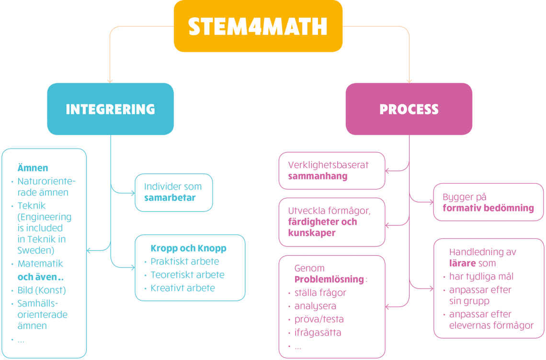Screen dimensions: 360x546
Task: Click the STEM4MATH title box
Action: [x=258, y=26]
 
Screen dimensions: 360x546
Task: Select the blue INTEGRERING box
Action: [x=110, y=109]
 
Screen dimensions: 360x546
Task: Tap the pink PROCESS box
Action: [x=409, y=109]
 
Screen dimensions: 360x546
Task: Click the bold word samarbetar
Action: [x=170, y=198]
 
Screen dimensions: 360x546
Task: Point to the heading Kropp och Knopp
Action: [x=188, y=248]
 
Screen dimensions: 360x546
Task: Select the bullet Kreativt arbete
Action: [x=182, y=288]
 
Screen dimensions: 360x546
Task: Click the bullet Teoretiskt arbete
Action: [x=187, y=275]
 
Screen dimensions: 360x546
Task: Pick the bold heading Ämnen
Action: [x=33, y=168]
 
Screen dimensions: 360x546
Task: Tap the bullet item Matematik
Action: [x=40, y=264]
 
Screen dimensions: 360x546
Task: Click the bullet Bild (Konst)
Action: [x=42, y=290]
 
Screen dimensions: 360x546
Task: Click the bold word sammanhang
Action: [x=318, y=176]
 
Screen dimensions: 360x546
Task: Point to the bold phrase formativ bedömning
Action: [x=488, y=208]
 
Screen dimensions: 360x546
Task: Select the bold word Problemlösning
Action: [x=330, y=280]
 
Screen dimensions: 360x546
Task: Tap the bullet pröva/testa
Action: [x=319, y=319]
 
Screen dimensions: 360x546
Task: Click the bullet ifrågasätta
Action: [x=318, y=332]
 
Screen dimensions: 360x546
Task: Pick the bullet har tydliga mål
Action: [x=481, y=276]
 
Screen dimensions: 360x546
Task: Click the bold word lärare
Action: [x=462, y=263]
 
